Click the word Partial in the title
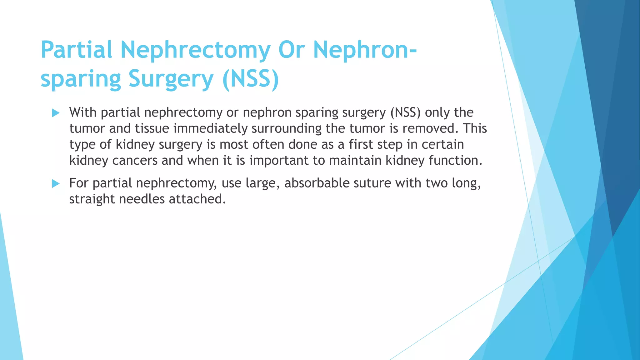(76, 50)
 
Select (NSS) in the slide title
(250, 79)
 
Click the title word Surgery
(171, 79)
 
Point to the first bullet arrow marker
(56, 113)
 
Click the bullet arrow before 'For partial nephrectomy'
(56, 183)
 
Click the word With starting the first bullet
(83, 112)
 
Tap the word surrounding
(287, 128)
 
